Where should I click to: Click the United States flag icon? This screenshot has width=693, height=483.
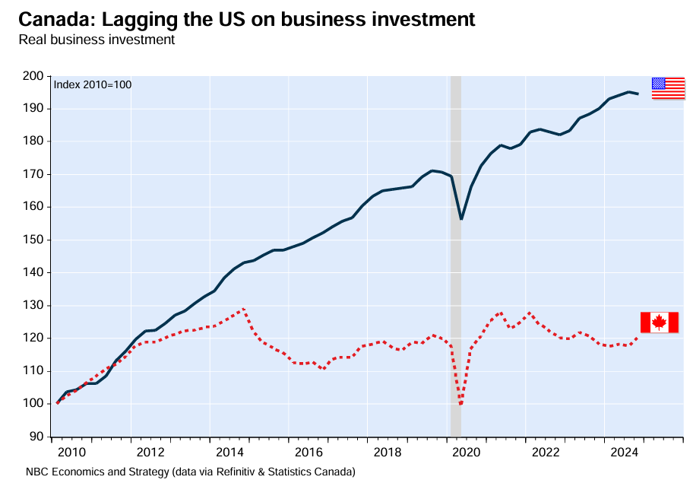point(668,87)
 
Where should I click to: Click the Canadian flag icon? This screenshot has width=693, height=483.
point(659,323)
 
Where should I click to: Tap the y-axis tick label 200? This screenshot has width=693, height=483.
point(32,76)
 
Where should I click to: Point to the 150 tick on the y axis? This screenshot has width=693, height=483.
point(32,240)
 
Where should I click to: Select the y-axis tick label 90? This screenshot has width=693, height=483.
point(35,437)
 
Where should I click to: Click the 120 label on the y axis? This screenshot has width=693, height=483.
point(32,338)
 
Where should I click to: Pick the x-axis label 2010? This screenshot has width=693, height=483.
point(72,453)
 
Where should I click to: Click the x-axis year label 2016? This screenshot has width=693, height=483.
point(309,453)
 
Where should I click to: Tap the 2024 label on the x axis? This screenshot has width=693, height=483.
point(624,453)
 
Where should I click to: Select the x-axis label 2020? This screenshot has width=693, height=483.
point(467,453)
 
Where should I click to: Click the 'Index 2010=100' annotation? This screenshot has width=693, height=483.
point(93,84)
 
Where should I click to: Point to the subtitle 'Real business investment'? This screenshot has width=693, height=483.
point(97,39)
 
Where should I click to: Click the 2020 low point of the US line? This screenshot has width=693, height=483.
point(461,219)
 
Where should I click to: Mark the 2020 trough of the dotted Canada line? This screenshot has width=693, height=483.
point(460,404)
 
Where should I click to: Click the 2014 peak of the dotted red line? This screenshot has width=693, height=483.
point(243,309)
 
